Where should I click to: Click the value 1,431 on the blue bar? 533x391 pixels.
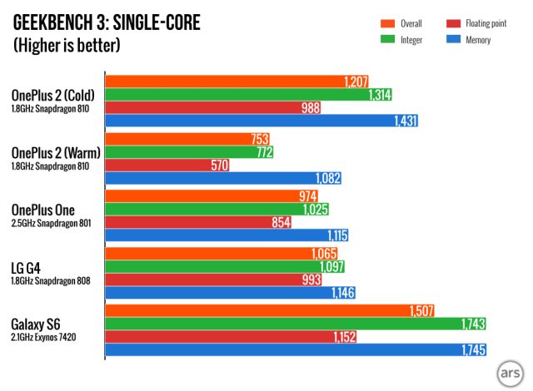click(x=404, y=121)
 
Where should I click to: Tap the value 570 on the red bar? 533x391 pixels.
click(x=219, y=166)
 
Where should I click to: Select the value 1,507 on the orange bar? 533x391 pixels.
click(x=421, y=311)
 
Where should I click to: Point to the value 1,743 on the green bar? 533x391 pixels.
click(x=472, y=324)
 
